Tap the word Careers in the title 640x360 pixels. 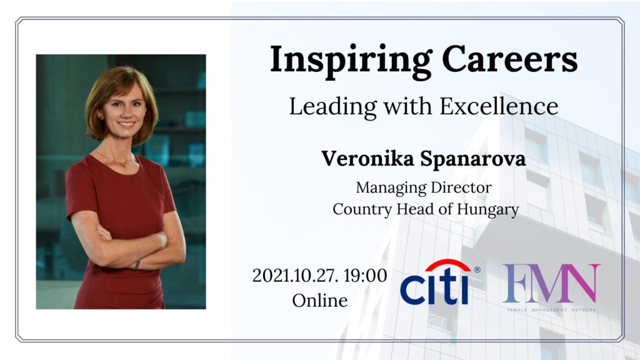pos(510,59)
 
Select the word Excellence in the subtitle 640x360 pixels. pos(499,106)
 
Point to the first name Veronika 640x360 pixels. pos(367,158)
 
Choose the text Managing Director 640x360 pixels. pos(424,187)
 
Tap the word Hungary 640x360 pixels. pos(487,210)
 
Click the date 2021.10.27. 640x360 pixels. pos(295,276)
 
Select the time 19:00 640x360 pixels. pos(365,276)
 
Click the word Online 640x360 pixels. pos(320,301)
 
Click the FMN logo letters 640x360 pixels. pos(551,283)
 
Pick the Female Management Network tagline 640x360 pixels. pos(551,310)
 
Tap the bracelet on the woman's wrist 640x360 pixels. pos(137,264)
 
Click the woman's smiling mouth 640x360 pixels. pos(126,124)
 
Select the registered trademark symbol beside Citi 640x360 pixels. pos(477,270)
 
